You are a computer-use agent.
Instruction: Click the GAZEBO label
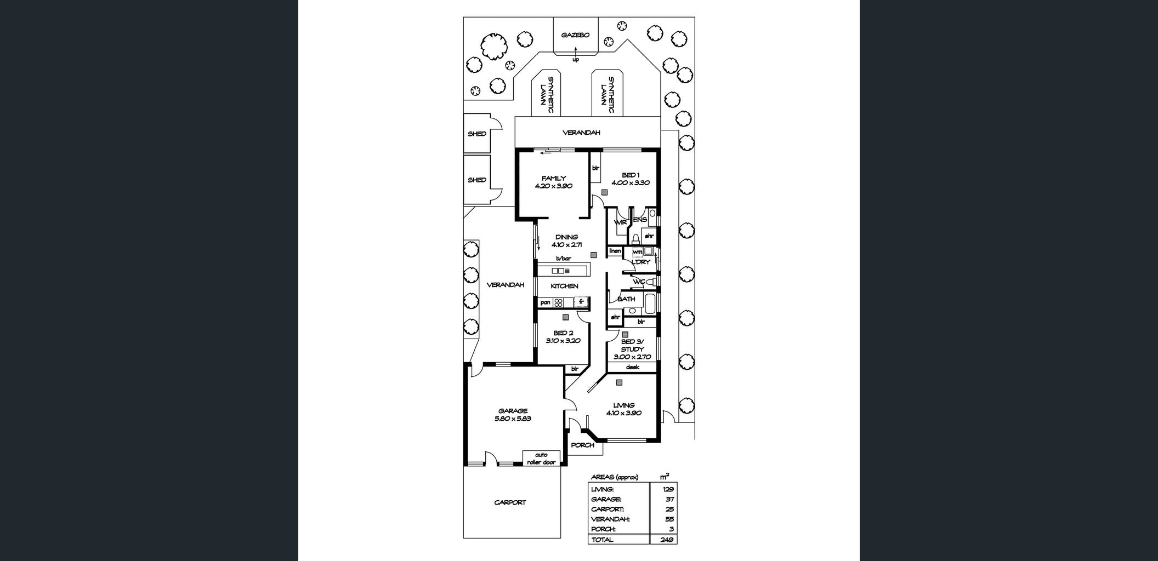(575, 35)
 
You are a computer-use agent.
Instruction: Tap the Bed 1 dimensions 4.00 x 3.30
(631, 183)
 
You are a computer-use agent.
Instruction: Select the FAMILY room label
(553, 178)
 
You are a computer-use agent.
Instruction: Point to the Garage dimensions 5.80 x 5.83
(513, 419)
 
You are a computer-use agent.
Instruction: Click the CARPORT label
(510, 502)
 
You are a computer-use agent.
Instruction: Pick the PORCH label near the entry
(582, 445)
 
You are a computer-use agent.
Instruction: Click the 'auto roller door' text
(541, 459)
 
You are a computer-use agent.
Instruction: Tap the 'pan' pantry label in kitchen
(545, 302)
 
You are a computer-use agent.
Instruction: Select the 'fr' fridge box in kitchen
(581, 302)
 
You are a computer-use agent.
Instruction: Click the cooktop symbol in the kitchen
(559, 302)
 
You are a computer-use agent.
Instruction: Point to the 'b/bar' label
(563, 258)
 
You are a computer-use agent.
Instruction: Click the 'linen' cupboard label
(615, 251)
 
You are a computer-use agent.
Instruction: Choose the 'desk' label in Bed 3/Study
(632, 367)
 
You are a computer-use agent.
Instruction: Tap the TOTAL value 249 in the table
(667, 540)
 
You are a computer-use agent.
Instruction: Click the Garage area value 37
(669, 499)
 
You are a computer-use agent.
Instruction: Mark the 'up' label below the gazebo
(575, 60)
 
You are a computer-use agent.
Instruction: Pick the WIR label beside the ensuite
(620, 222)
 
